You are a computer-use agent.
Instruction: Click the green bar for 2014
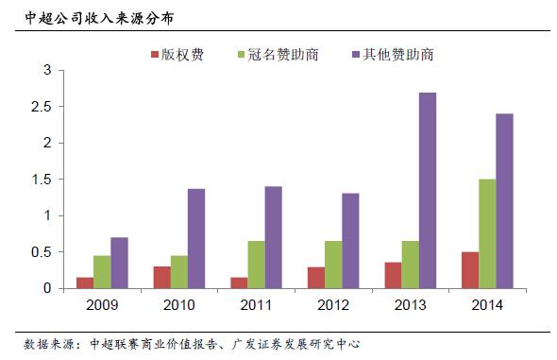pos(486,233)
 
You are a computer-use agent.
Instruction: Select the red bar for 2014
pos(469,269)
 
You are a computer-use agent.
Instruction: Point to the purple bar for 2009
pos(119,263)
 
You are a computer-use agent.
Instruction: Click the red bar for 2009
pos(85,283)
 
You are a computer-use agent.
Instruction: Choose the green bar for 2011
pos(256,265)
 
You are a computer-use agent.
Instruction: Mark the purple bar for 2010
pos(195,238)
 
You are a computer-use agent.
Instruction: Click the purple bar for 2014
pos(503,200)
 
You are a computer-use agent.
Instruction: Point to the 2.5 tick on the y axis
pos(42,107)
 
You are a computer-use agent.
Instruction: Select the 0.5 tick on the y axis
pos(42,252)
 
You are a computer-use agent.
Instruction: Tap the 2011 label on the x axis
pos(256,304)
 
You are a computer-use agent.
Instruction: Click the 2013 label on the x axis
pos(410,304)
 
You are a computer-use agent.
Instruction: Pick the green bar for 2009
pos(102,272)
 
